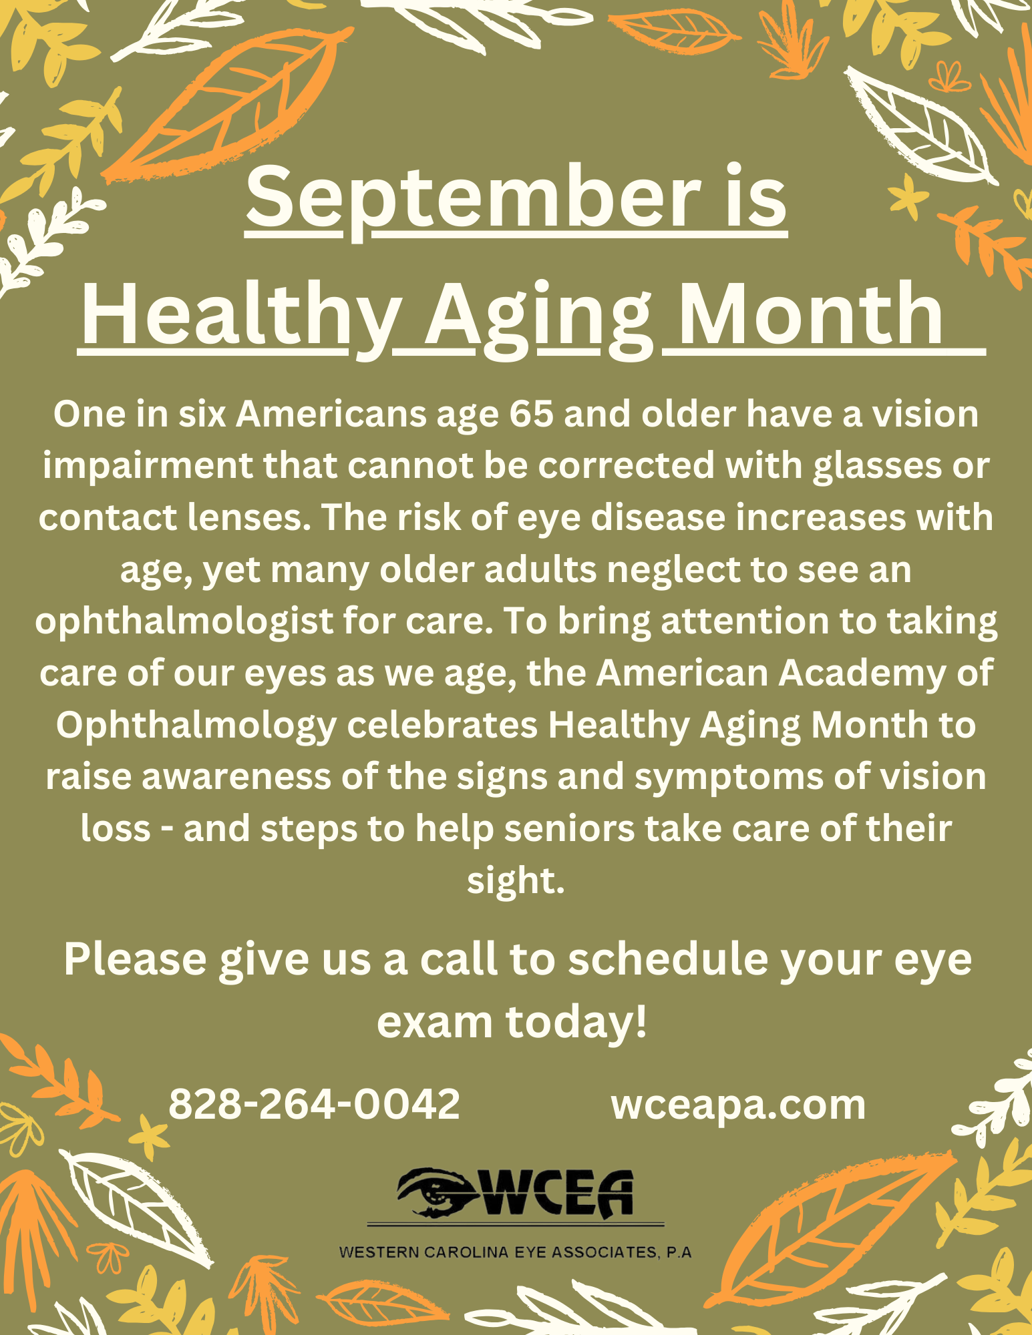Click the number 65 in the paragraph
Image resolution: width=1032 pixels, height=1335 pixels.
pos(531,414)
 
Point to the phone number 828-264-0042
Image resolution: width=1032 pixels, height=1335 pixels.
pos(314,1105)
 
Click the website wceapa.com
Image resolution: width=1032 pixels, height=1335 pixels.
pos(738,1105)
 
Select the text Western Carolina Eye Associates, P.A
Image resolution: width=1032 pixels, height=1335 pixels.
pos(515,1252)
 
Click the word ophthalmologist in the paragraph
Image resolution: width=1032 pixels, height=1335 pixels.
pos(184,622)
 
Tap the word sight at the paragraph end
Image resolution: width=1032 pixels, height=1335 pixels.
pos(515,881)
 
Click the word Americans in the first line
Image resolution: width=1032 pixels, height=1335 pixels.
pos(331,414)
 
